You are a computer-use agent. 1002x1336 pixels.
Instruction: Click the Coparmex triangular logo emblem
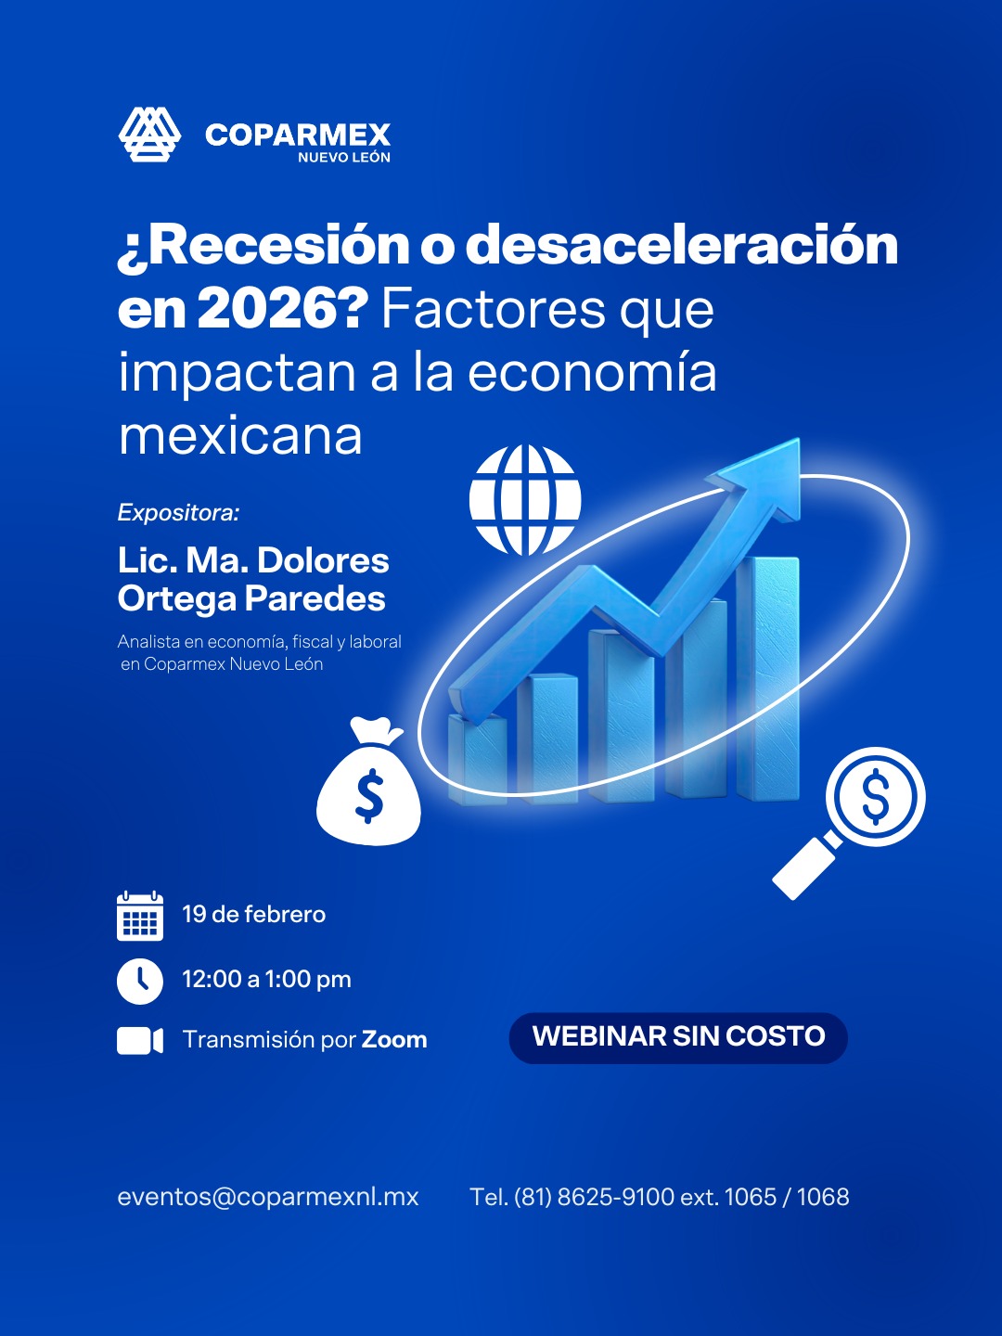pyautogui.click(x=149, y=135)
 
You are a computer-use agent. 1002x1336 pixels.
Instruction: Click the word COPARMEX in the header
pyautogui.click(x=298, y=135)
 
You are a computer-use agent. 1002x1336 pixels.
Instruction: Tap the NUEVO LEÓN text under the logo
pyautogui.click(x=344, y=158)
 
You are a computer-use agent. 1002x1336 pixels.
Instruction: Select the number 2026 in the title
pyautogui.click(x=276, y=310)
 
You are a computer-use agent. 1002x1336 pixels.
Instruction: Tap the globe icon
pyautogui.click(x=525, y=500)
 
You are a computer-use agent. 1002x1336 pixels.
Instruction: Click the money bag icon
pyautogui.click(x=368, y=781)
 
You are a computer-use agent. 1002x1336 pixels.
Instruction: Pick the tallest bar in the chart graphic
pyautogui.click(x=768, y=678)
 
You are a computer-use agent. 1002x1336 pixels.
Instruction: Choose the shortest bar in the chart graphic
pyautogui.click(x=478, y=758)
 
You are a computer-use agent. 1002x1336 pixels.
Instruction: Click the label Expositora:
pyautogui.click(x=179, y=512)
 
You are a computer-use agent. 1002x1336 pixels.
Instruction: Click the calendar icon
pyautogui.click(x=140, y=916)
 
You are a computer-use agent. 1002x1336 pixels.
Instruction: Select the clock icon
pyautogui.click(x=140, y=982)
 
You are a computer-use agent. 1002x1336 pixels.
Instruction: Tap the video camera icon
pyautogui.click(x=140, y=1041)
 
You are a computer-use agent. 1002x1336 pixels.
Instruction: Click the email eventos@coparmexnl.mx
pyautogui.click(x=268, y=1197)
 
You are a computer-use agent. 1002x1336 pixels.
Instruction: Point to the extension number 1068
pyautogui.click(x=823, y=1197)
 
